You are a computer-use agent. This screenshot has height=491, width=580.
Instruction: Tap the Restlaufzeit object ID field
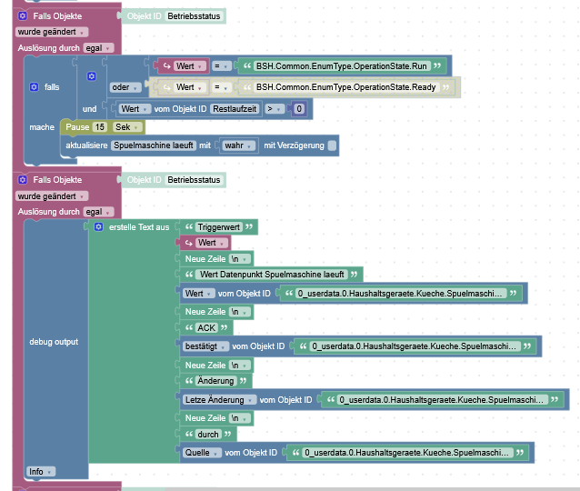235,109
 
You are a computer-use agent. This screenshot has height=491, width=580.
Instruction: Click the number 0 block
298,109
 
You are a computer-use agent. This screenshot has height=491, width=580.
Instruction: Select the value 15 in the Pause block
100,127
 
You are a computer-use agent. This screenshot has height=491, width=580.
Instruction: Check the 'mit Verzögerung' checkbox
332,145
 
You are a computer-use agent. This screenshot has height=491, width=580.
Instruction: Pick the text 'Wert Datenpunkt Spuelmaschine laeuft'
272,274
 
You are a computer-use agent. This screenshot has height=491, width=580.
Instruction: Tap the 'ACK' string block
208,327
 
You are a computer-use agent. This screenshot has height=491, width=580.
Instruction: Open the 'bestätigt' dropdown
198,346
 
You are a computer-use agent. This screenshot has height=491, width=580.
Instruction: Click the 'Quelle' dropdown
200,452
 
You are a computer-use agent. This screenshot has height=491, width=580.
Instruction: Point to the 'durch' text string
209,434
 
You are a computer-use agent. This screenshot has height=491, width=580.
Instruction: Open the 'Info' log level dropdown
40,471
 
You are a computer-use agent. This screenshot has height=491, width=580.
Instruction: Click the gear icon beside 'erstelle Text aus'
98,226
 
